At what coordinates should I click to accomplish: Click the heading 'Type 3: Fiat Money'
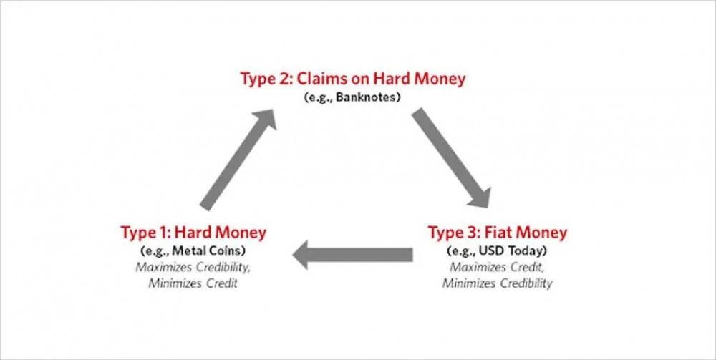498,233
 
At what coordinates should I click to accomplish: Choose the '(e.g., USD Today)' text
498,251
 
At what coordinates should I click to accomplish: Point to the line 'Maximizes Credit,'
498,267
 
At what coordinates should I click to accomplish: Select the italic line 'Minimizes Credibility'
498,283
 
